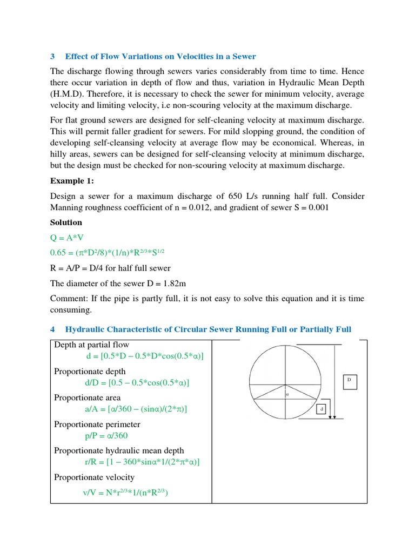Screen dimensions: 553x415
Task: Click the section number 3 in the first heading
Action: tap(52, 56)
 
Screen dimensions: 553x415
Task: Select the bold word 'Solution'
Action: tap(66, 222)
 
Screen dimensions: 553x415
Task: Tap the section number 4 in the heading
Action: tap(52, 329)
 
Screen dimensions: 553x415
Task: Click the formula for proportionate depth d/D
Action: tap(138, 383)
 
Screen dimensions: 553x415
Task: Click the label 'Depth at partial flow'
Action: tap(91, 345)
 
